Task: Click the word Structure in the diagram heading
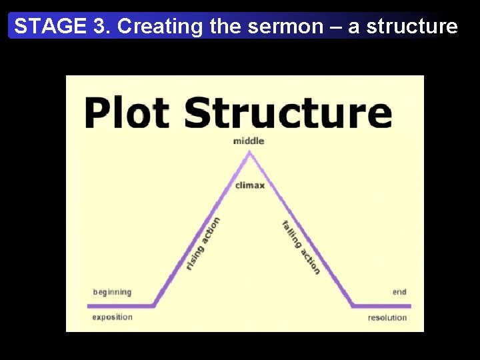(x=289, y=112)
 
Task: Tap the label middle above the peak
(x=249, y=141)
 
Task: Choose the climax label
(x=250, y=185)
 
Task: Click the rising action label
(x=203, y=243)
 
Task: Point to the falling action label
(x=301, y=247)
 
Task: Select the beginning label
(x=112, y=292)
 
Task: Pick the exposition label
(x=112, y=317)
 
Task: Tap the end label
(x=399, y=292)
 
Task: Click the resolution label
(x=387, y=317)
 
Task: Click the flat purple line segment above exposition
(x=120, y=306)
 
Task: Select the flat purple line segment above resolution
(x=381, y=306)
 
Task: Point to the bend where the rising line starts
(x=155, y=305)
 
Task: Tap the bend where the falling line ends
(x=353, y=305)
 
